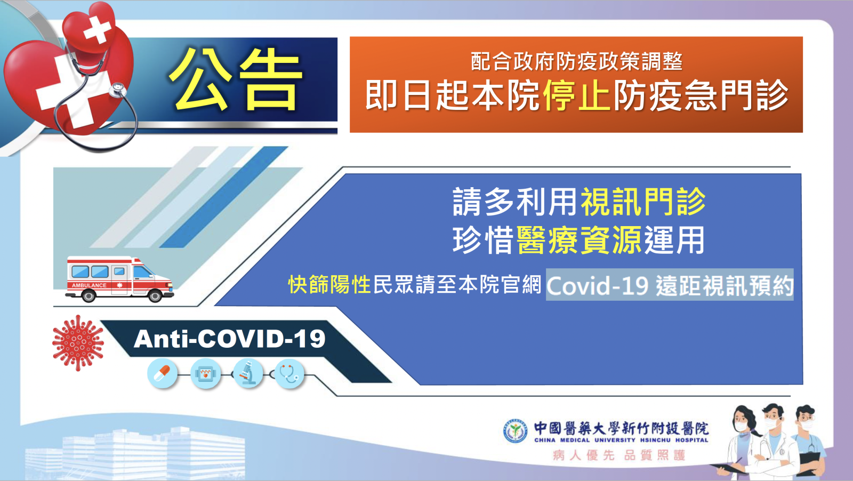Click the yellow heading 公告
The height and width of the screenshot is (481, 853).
click(x=236, y=79)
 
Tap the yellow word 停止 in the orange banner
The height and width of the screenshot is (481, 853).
click(x=577, y=95)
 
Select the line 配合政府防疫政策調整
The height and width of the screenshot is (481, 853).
click(x=576, y=61)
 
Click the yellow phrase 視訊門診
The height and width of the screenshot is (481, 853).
click(x=643, y=202)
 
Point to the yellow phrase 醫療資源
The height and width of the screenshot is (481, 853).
click(x=580, y=240)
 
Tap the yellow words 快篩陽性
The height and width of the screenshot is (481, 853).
click(x=329, y=284)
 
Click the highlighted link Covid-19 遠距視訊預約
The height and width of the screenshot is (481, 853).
click(x=670, y=285)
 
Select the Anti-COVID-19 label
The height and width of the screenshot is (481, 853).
click(x=230, y=339)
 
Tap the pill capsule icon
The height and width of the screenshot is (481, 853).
click(x=162, y=374)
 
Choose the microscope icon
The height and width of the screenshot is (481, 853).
click(x=248, y=374)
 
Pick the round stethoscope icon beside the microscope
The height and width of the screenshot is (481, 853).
click(x=289, y=374)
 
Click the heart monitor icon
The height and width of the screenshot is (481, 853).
click(x=206, y=374)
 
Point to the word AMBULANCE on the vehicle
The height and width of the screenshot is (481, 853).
click(x=89, y=285)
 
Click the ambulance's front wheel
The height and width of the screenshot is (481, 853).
click(x=155, y=295)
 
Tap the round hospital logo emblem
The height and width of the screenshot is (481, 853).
click(x=515, y=431)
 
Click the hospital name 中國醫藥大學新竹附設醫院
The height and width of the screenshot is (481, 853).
click(x=621, y=428)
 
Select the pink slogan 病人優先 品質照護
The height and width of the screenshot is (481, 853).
click(x=619, y=455)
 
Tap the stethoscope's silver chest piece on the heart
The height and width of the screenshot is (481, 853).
click(x=118, y=90)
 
